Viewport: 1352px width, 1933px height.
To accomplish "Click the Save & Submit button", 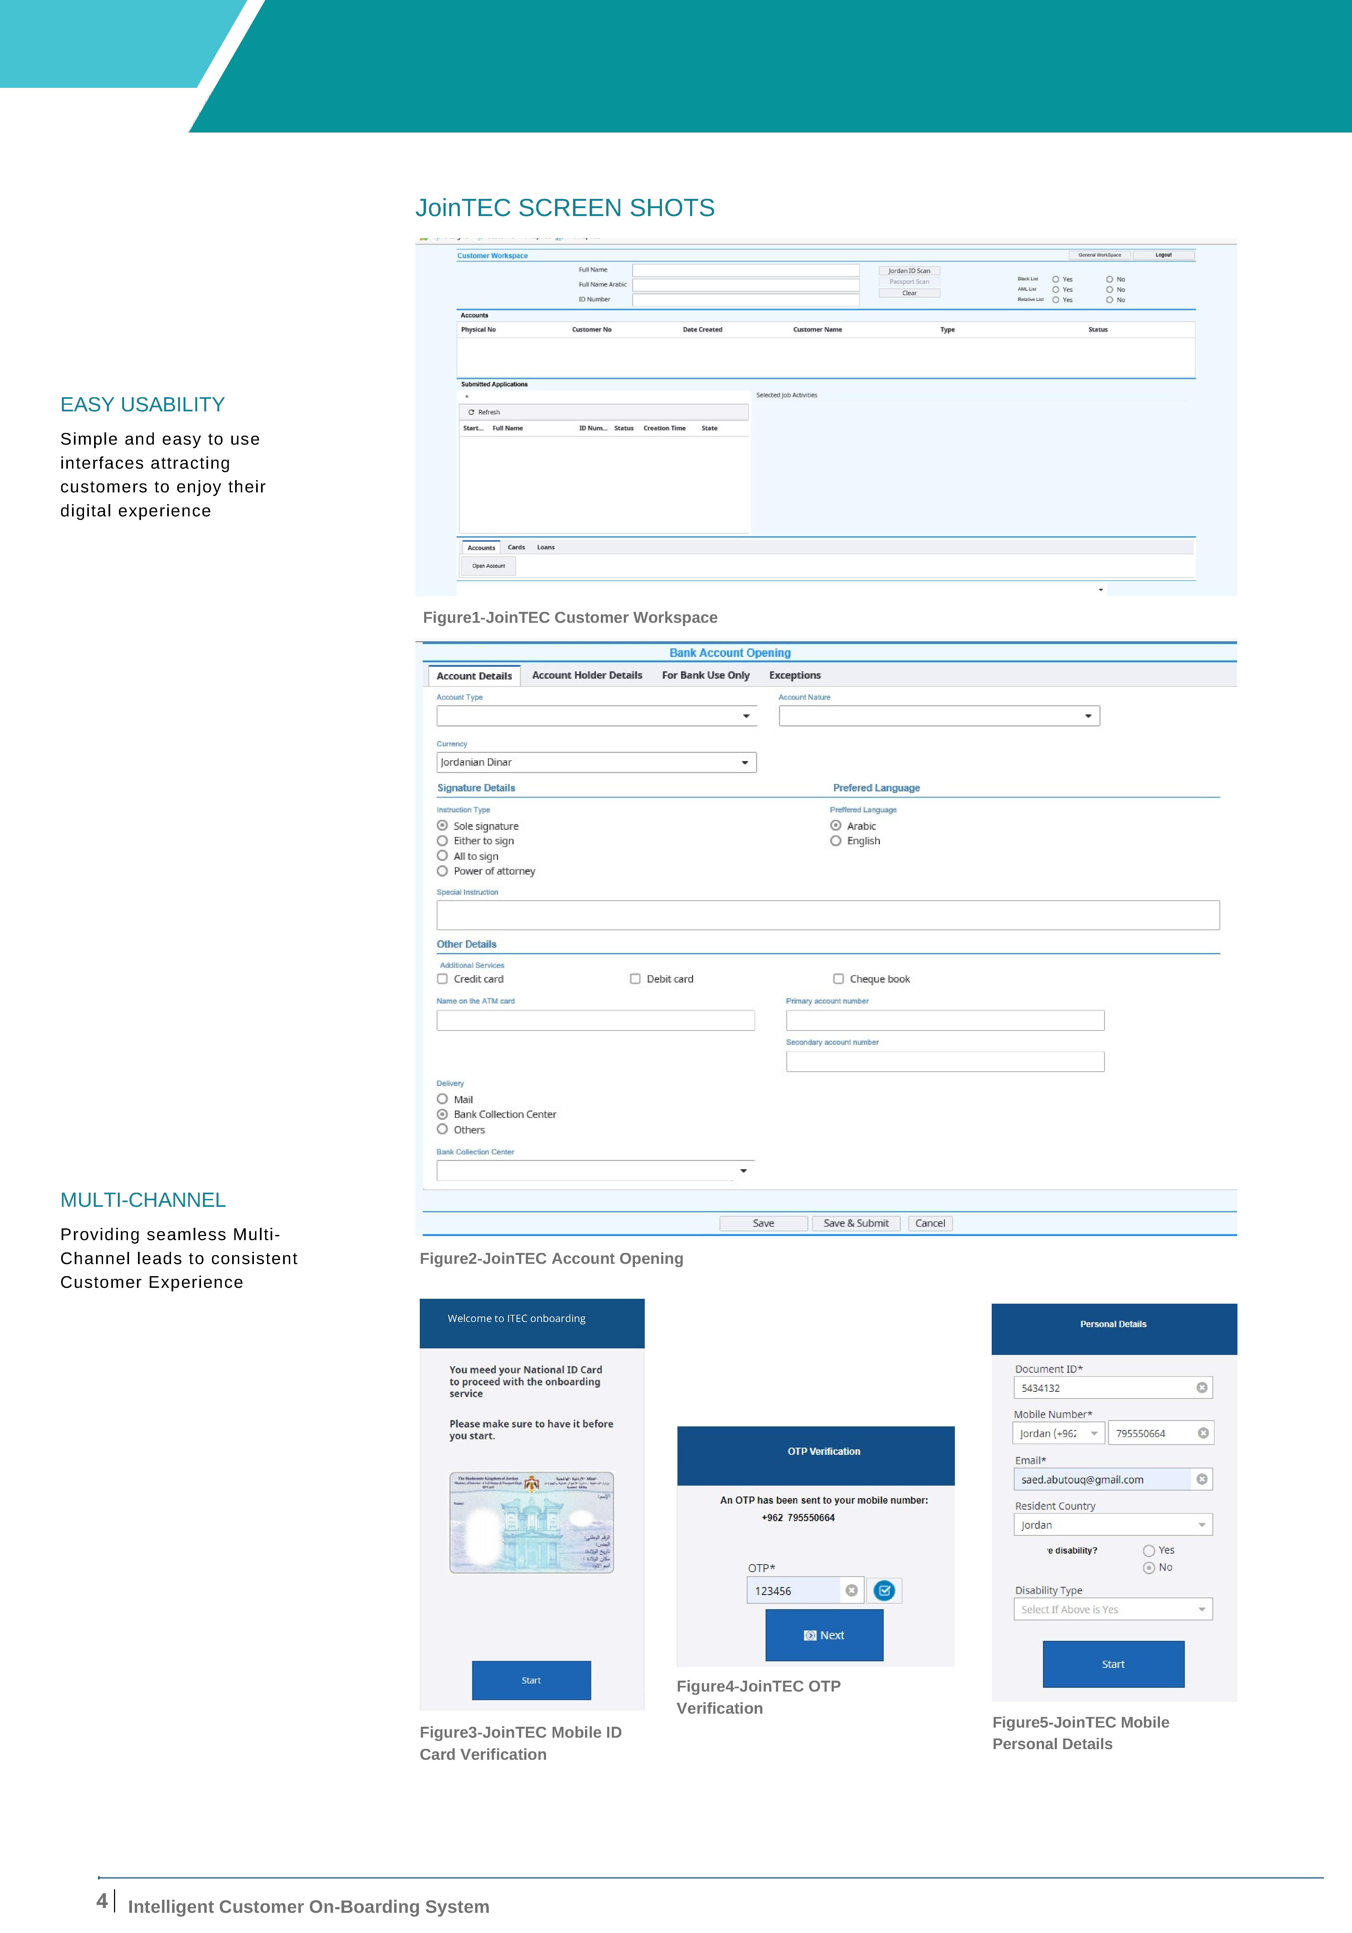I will [x=855, y=1223].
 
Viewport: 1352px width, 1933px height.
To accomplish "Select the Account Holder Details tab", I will [x=587, y=675].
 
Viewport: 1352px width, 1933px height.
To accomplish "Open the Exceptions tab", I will [x=794, y=675].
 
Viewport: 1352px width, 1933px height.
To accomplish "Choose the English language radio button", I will [x=836, y=841].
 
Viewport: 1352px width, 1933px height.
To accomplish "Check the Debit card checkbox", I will [x=635, y=979].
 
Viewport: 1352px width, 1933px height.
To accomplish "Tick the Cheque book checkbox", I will [x=838, y=979].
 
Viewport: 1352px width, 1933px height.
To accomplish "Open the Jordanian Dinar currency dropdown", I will [x=596, y=763].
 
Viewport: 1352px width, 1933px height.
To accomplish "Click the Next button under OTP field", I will [x=824, y=1635].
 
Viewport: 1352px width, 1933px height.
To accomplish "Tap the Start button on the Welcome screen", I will [x=531, y=1680].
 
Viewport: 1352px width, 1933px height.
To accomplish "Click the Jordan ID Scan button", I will [x=909, y=271].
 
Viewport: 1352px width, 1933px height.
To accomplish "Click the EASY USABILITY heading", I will [x=142, y=405].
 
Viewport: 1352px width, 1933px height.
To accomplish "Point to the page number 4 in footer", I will [x=102, y=1901].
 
